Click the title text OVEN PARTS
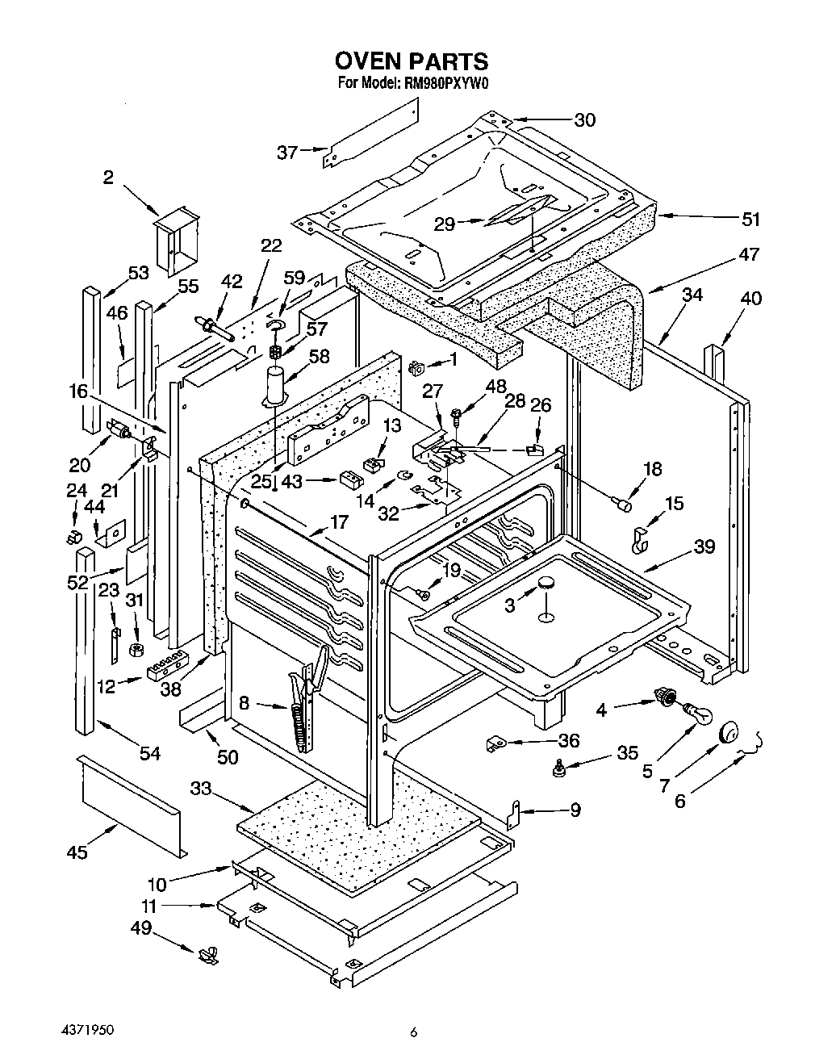pyautogui.click(x=411, y=61)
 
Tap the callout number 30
pyautogui.click(x=584, y=119)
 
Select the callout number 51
pyautogui.click(x=750, y=219)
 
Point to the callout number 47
pyautogui.click(x=749, y=254)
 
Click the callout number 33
pyautogui.click(x=201, y=788)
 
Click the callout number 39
pyautogui.click(x=704, y=546)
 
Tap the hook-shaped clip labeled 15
pyautogui.click(x=638, y=539)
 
